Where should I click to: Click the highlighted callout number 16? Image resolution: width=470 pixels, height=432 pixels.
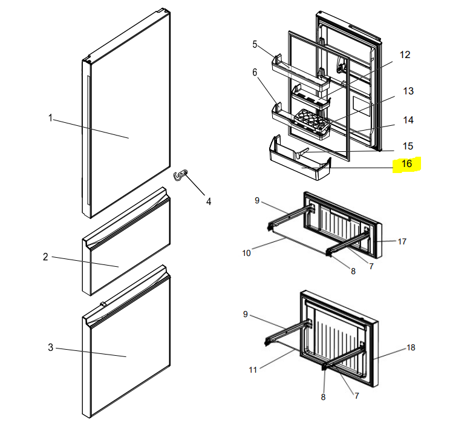point(406,164)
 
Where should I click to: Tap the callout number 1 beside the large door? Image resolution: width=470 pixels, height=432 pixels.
point(50,118)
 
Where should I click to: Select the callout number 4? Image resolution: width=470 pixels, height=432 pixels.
point(209,201)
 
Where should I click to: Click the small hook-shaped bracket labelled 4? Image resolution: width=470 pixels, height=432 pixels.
point(180,175)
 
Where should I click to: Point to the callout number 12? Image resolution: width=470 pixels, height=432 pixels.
point(405,54)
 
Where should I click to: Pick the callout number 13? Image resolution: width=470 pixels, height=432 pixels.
point(408,91)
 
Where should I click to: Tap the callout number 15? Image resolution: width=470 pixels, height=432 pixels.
point(408,146)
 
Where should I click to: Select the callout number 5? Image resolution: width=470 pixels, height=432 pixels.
point(255,44)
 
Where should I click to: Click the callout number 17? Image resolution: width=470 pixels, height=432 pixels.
point(402,241)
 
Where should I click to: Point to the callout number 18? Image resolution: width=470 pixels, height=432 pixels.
point(411,347)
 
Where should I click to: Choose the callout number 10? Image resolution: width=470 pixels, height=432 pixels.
point(246,254)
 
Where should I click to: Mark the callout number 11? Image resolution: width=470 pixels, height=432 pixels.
point(253,370)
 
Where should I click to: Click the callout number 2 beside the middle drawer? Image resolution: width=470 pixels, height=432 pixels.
point(45,257)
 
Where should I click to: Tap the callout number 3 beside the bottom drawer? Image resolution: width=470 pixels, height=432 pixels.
point(51,347)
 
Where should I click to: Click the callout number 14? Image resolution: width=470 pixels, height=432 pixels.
point(408,120)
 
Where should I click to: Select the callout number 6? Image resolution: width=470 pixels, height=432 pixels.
point(255,72)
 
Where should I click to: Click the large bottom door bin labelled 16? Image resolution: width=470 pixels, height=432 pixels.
point(300,160)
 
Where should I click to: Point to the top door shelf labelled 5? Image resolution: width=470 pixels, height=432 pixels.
point(301,73)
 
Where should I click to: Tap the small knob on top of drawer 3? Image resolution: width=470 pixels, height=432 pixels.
point(103,304)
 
